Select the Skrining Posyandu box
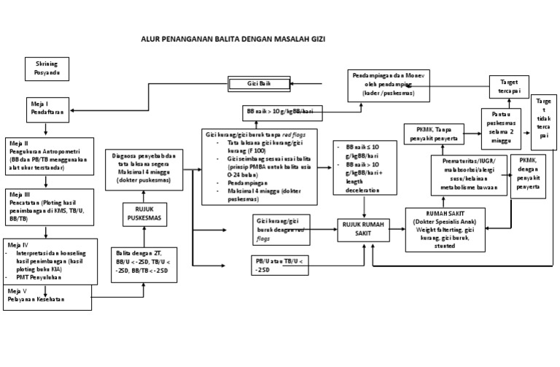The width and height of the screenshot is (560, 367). coord(47,70)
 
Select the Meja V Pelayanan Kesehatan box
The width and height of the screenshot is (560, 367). coord(47,297)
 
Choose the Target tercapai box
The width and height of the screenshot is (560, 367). coord(504,86)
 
